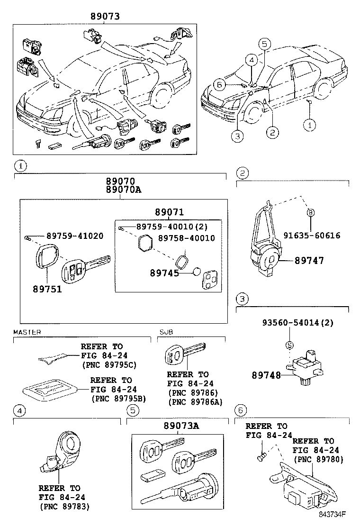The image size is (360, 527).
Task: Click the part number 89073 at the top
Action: coord(105,17)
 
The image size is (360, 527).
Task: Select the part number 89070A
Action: coord(120,190)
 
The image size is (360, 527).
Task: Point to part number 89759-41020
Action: coord(74,236)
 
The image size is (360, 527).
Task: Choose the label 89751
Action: coord(47,289)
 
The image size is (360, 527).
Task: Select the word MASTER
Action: coord(27,332)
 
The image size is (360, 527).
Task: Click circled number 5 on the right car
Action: coord(265,45)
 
